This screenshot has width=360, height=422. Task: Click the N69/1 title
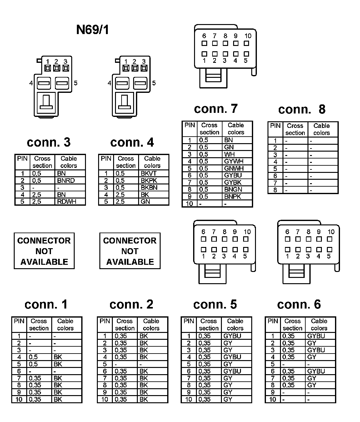[x=93, y=30]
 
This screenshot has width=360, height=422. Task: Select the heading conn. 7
[x=216, y=108]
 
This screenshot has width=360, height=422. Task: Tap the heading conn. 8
[x=302, y=109]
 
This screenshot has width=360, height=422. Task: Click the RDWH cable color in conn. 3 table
[x=67, y=202]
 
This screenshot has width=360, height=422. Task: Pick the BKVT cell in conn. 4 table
[x=148, y=173]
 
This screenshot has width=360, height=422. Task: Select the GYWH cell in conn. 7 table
[x=233, y=161]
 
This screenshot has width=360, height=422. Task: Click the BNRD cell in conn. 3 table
[x=66, y=181]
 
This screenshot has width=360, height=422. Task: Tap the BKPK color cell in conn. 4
[x=149, y=181]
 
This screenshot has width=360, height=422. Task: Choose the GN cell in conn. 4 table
[x=145, y=202]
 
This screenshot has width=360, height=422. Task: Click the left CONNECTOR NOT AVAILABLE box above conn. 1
[x=44, y=251]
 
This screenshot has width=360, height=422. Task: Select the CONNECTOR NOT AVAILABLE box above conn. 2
[x=130, y=251]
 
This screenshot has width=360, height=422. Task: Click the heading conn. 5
[x=215, y=304]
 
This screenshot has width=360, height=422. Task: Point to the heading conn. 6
[x=299, y=304]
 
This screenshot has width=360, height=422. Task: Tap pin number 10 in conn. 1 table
[x=19, y=399]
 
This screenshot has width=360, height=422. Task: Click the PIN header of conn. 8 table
[x=275, y=126]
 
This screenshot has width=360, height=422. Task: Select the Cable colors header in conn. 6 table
[x=319, y=324]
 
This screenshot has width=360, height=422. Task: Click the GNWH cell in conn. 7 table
[x=233, y=168]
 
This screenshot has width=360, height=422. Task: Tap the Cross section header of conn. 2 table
[x=125, y=324]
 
